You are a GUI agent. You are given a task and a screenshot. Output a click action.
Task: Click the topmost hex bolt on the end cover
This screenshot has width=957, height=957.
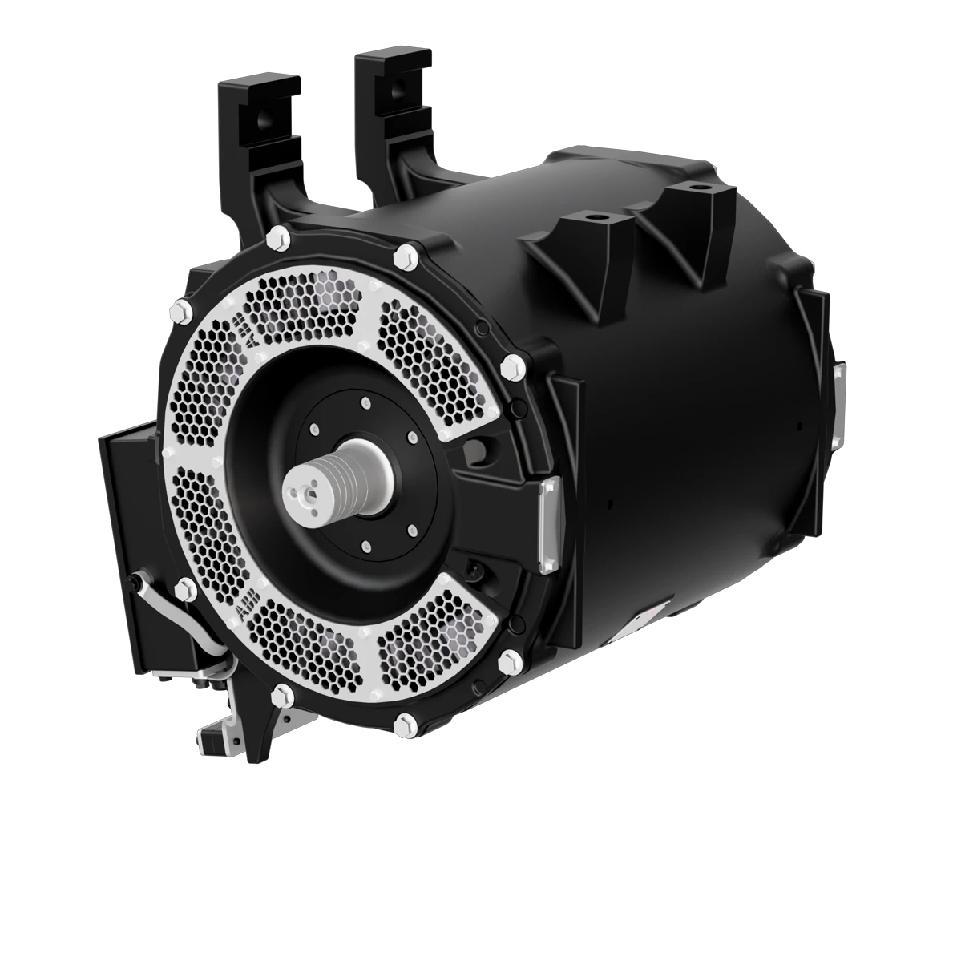click(x=280, y=235)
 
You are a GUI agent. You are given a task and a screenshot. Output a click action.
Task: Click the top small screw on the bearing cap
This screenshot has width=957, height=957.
click(x=365, y=403)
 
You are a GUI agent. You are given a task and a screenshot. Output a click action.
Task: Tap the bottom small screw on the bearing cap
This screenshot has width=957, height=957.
click(x=365, y=546)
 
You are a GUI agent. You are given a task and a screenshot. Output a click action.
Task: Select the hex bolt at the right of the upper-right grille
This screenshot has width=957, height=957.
click(x=510, y=365)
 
